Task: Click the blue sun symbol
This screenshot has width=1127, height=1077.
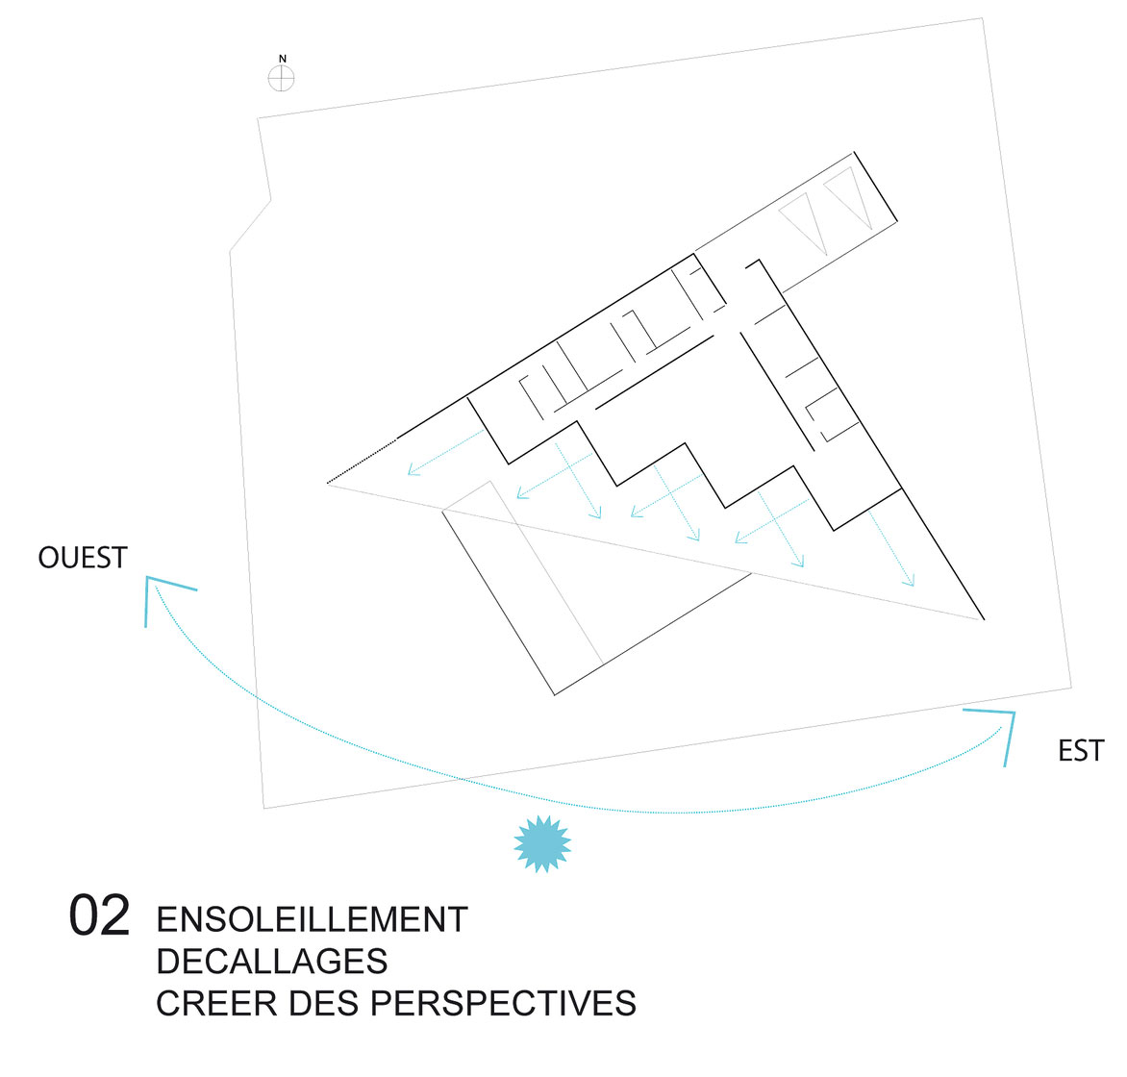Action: click(542, 844)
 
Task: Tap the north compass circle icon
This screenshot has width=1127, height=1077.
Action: click(281, 78)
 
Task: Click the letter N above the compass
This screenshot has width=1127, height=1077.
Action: click(283, 59)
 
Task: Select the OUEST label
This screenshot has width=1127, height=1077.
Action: click(83, 558)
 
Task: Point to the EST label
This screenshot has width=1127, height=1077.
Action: click(1080, 751)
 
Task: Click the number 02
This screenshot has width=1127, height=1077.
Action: click(99, 915)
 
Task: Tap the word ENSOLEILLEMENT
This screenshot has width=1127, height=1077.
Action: click(312, 919)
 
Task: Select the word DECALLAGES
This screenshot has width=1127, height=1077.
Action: click(272, 962)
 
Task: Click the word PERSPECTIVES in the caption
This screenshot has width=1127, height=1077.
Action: click(503, 1003)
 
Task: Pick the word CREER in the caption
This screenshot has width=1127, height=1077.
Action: click(217, 1003)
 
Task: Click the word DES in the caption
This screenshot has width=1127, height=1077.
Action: click(324, 1003)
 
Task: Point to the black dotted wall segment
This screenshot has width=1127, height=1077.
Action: click(362, 461)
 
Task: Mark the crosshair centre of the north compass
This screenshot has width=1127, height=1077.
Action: click(281, 78)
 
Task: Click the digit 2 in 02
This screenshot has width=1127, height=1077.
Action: click(115, 915)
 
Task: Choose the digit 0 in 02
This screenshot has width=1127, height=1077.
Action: click(84, 915)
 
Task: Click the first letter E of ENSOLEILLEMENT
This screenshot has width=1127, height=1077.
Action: click(166, 919)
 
